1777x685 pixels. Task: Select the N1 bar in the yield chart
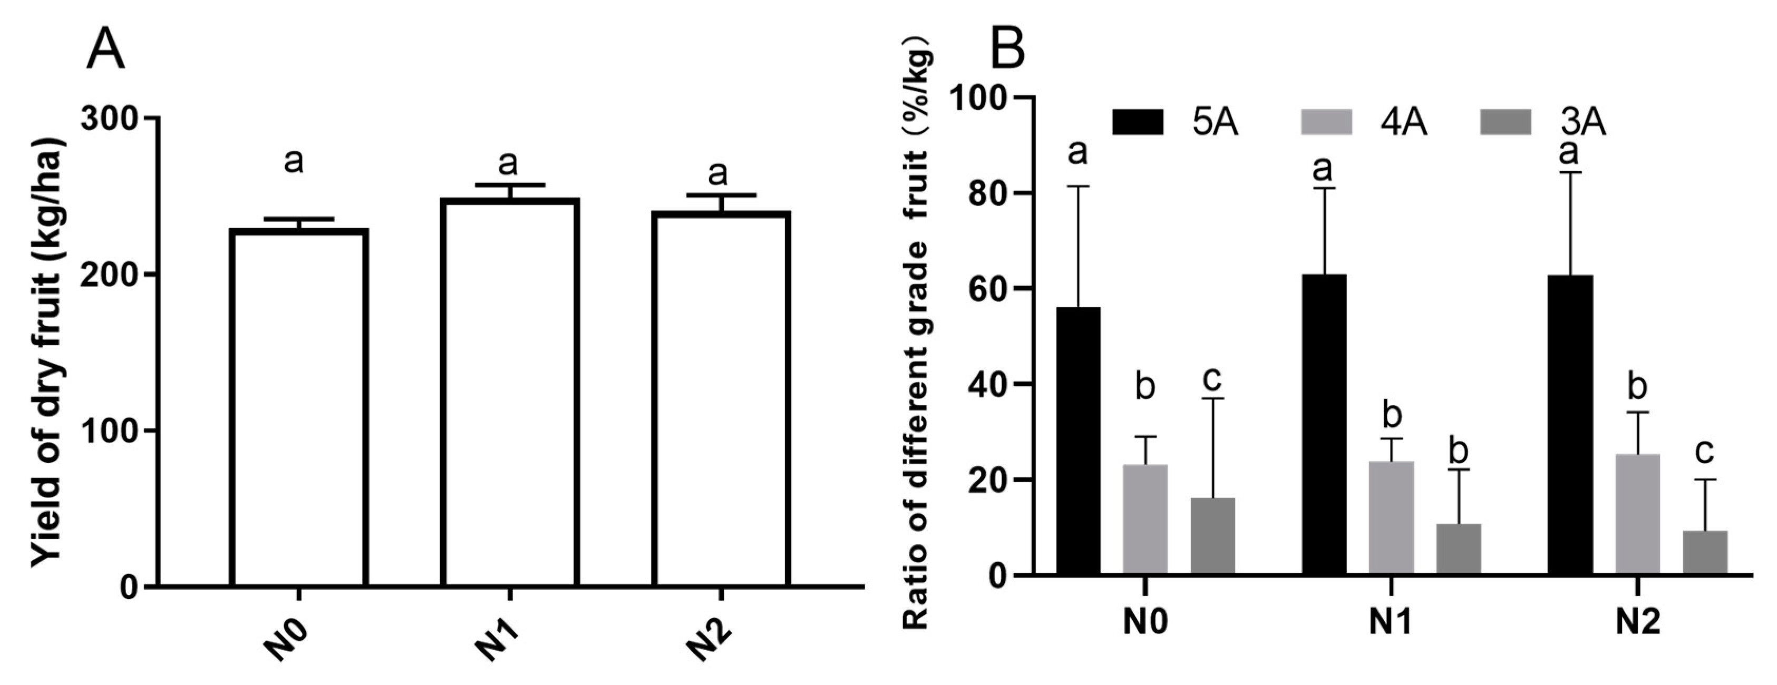(510, 393)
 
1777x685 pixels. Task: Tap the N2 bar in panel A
(721, 400)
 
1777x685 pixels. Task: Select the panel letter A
(105, 52)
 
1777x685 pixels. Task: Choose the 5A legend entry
(1173, 123)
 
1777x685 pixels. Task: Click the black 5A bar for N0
(1078, 442)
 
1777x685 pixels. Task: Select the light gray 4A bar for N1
(1391, 517)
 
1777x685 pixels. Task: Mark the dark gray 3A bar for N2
(1705, 552)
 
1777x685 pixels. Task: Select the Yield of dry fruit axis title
(48, 352)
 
